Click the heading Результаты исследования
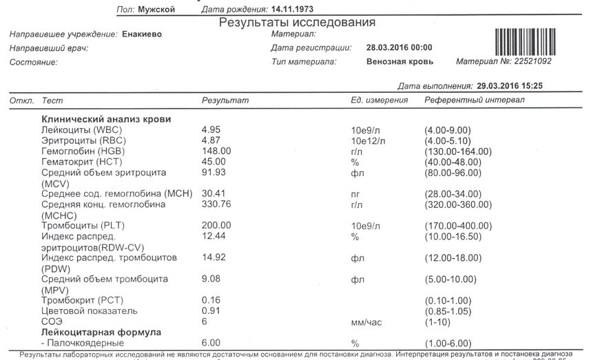[297, 23]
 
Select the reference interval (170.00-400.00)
[455, 226]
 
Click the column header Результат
[225, 101]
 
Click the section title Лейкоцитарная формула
[101, 332]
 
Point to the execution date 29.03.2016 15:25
[510, 86]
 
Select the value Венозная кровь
[400, 62]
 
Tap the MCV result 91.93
[213, 171]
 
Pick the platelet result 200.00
[216, 226]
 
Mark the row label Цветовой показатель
[90, 311]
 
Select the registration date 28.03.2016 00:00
[399, 48]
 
